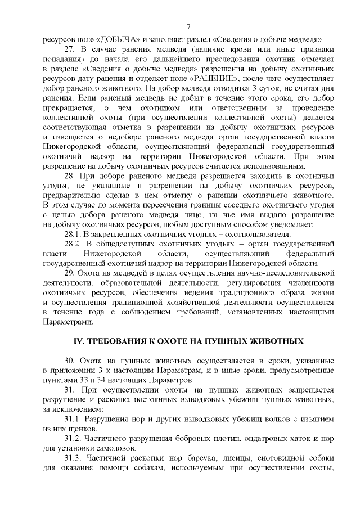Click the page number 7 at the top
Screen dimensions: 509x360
(188, 26)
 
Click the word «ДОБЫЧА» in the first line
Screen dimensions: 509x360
(118, 40)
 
